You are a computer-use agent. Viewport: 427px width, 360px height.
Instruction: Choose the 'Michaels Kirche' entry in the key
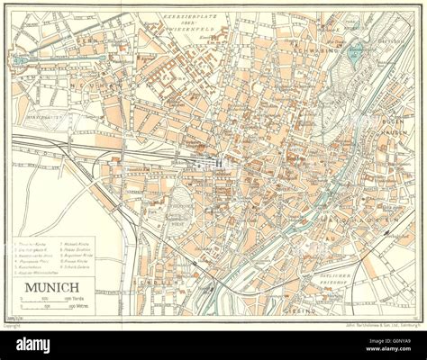coord(77,243)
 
